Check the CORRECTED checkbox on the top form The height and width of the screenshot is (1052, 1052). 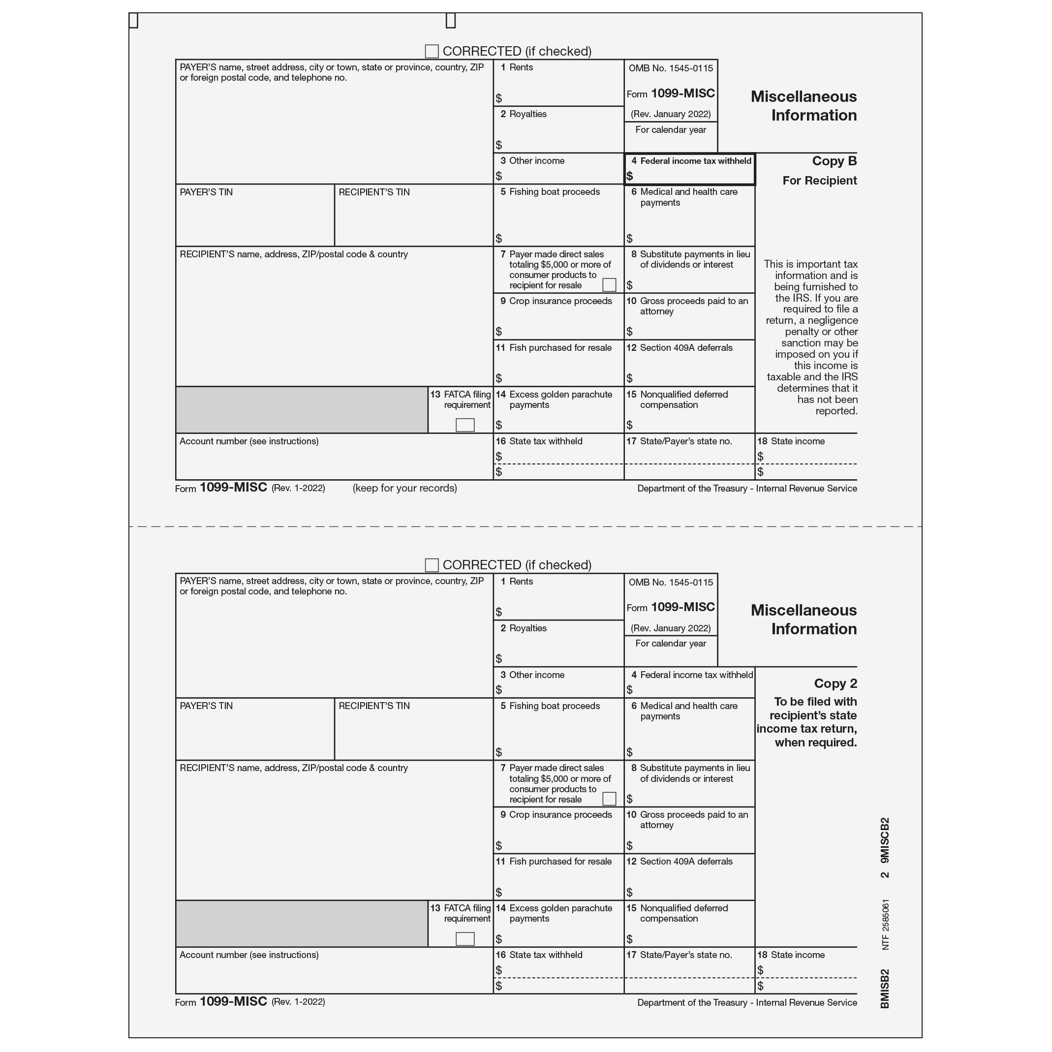point(431,52)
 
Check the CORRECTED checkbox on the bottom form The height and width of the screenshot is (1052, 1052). point(431,565)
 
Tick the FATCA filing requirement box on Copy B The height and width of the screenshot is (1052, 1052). point(464,424)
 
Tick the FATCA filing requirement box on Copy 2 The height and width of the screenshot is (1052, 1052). point(464,939)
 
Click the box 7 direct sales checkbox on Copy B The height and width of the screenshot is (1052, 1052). point(609,285)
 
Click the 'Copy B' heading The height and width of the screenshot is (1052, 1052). point(834,161)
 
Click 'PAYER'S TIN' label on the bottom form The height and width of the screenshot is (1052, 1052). point(206,706)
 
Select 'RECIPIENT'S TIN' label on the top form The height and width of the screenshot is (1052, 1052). point(373,192)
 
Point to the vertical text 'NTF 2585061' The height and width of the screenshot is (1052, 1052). point(885,925)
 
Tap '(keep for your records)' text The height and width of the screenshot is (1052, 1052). point(404,489)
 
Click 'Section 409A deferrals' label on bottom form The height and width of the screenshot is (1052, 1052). point(685,862)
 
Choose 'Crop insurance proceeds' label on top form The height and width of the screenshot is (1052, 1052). point(560,301)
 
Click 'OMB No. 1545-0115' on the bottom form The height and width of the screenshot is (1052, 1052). point(670,583)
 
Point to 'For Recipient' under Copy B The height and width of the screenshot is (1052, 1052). point(819,181)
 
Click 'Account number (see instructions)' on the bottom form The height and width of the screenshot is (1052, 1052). point(249,955)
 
